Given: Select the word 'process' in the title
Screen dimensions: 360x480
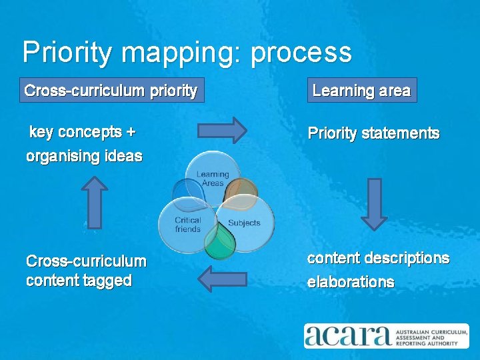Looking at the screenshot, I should tap(301, 53).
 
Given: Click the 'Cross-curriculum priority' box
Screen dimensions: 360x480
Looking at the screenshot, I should tap(111, 91).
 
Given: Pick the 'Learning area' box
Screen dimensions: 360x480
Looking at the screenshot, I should tap(361, 91).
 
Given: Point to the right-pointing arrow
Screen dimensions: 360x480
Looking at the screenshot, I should tap(221, 130).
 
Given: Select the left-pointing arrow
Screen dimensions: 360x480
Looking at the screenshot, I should tap(223, 279).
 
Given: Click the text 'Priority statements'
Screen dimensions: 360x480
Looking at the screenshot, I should tap(373, 133).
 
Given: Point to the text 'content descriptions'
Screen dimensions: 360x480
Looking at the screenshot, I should tap(378, 258).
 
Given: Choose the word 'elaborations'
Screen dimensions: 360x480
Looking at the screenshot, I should tap(350, 282).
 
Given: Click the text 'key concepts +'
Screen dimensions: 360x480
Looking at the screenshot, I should tap(83, 132).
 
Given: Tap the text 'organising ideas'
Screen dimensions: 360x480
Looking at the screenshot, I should tap(84, 157).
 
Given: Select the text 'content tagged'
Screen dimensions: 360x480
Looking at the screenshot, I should tap(79, 281).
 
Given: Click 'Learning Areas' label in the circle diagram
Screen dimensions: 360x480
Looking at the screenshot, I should tap(212, 179).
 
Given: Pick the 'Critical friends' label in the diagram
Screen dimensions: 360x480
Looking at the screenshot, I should tap(187, 225).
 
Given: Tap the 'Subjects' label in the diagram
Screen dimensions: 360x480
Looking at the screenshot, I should tap(244, 223).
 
